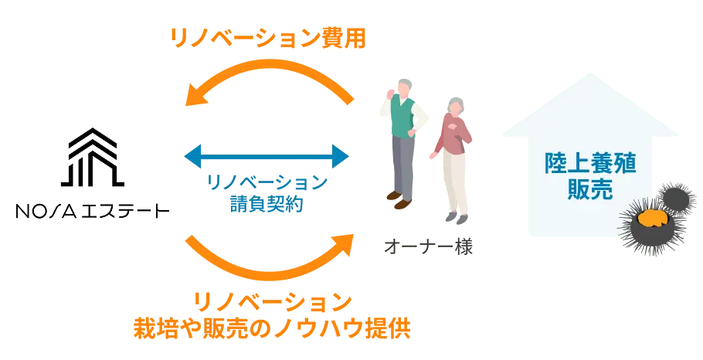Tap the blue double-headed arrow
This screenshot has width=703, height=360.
pos(267,157)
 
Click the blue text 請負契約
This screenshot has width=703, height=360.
pos(267,204)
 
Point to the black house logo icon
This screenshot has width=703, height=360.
pos(92,155)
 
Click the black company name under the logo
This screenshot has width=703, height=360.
pos(92,209)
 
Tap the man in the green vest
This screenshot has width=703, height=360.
pos(402,131)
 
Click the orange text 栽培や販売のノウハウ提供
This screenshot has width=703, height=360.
pos(270,328)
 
